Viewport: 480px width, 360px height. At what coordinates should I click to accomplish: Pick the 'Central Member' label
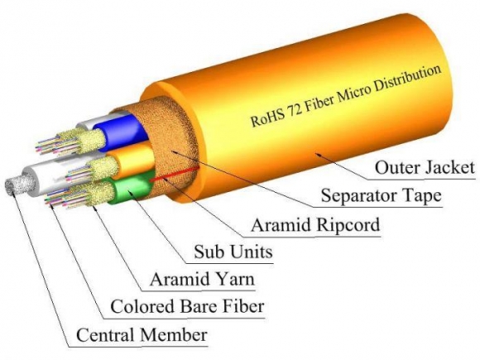[x=141, y=335]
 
